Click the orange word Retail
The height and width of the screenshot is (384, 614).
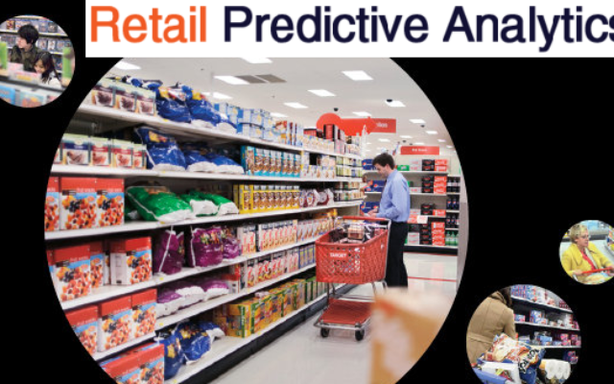tap(148, 24)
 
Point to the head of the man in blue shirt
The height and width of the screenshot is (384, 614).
tap(384, 162)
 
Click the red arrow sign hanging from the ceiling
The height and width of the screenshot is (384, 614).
tap(356, 125)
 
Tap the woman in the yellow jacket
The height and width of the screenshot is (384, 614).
tap(583, 254)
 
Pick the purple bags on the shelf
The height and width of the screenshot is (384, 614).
tap(196, 250)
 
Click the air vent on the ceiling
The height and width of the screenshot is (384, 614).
tap(261, 79)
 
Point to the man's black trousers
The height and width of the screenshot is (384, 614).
tap(396, 253)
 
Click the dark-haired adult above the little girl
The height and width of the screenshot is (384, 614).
tap(26, 46)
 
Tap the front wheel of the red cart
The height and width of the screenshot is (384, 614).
tap(360, 334)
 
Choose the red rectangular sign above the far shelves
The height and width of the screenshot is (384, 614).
tap(419, 150)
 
